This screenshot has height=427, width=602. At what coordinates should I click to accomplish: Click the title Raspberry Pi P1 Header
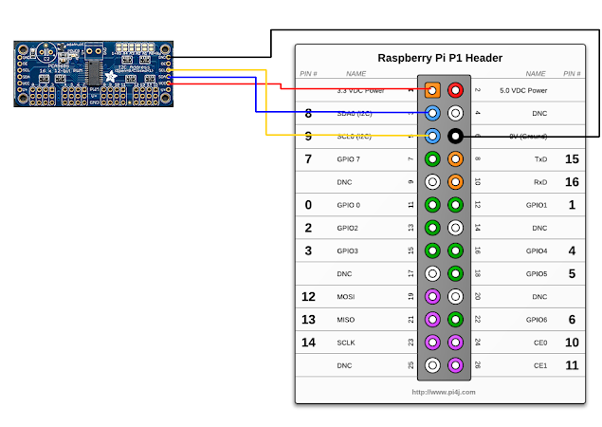[439, 57]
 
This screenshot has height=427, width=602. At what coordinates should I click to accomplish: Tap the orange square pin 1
[432, 90]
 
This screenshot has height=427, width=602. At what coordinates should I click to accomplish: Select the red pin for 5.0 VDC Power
[455, 90]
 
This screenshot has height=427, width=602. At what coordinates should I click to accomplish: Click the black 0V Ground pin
[455, 136]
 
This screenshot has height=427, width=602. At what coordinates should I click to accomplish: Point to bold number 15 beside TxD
[572, 158]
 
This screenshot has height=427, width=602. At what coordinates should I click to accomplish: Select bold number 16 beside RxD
[572, 181]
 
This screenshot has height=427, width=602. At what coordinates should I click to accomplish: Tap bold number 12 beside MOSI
[308, 297]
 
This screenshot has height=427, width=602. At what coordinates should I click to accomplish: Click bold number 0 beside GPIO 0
[308, 204]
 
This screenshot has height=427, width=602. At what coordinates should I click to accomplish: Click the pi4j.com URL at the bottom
[444, 391]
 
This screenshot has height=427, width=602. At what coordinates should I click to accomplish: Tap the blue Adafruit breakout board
[93, 73]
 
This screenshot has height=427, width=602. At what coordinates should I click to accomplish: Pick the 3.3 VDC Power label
[360, 90]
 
